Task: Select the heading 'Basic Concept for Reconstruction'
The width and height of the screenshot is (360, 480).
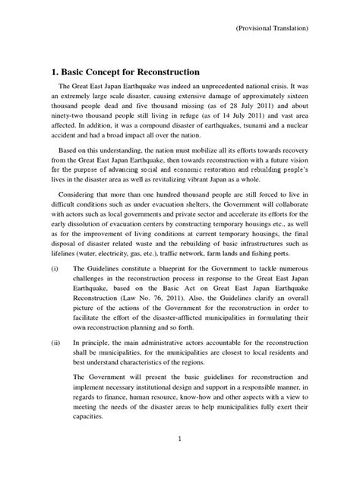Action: click(x=125, y=71)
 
